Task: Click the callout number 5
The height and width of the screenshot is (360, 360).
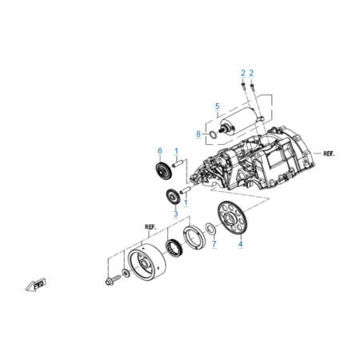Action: [x=218, y=106]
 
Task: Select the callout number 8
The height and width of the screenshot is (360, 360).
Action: [x=198, y=134]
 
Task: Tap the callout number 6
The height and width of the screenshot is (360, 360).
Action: [x=160, y=151]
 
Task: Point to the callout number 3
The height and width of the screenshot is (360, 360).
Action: [x=176, y=214]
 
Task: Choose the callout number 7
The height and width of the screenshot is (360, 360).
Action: [x=214, y=243]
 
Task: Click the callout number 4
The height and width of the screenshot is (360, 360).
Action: [x=241, y=244]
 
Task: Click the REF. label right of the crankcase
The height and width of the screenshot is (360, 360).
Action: [x=329, y=154]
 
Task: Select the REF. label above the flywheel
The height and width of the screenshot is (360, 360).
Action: [x=150, y=227]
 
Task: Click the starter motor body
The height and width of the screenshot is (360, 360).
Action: [x=240, y=120]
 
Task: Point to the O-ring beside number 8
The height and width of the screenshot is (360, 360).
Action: [x=213, y=134]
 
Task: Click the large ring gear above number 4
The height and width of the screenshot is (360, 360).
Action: [x=232, y=218]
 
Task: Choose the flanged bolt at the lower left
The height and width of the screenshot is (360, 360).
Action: [x=113, y=280]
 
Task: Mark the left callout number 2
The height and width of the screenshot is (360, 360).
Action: [x=243, y=73]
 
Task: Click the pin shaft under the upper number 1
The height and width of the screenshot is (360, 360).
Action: [x=178, y=163]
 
